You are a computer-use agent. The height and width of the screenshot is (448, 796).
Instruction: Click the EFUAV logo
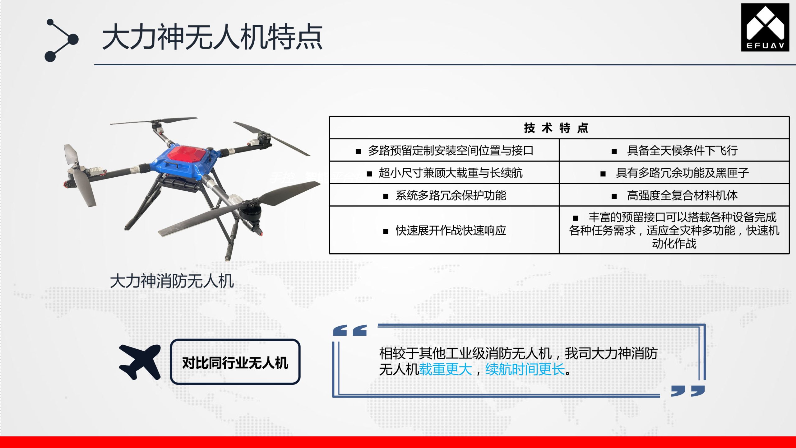click(x=765, y=27)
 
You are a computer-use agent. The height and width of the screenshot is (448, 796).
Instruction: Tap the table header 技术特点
click(x=556, y=128)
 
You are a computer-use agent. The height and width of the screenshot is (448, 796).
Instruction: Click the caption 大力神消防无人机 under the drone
click(x=172, y=281)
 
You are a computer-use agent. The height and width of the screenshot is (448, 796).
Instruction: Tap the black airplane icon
click(x=140, y=362)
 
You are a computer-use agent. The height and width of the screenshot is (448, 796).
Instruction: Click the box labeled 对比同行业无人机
click(x=235, y=362)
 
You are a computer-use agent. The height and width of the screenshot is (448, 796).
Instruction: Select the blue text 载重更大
click(x=446, y=370)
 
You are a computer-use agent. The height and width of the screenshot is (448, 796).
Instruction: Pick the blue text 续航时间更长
click(x=525, y=370)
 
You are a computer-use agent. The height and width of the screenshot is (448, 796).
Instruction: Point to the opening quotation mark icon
click(x=350, y=330)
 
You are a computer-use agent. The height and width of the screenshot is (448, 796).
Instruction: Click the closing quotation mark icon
click(x=688, y=391)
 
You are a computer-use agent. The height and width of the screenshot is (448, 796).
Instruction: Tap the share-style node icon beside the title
click(x=62, y=40)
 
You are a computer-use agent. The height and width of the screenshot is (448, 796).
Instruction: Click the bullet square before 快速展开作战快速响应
click(x=386, y=231)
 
